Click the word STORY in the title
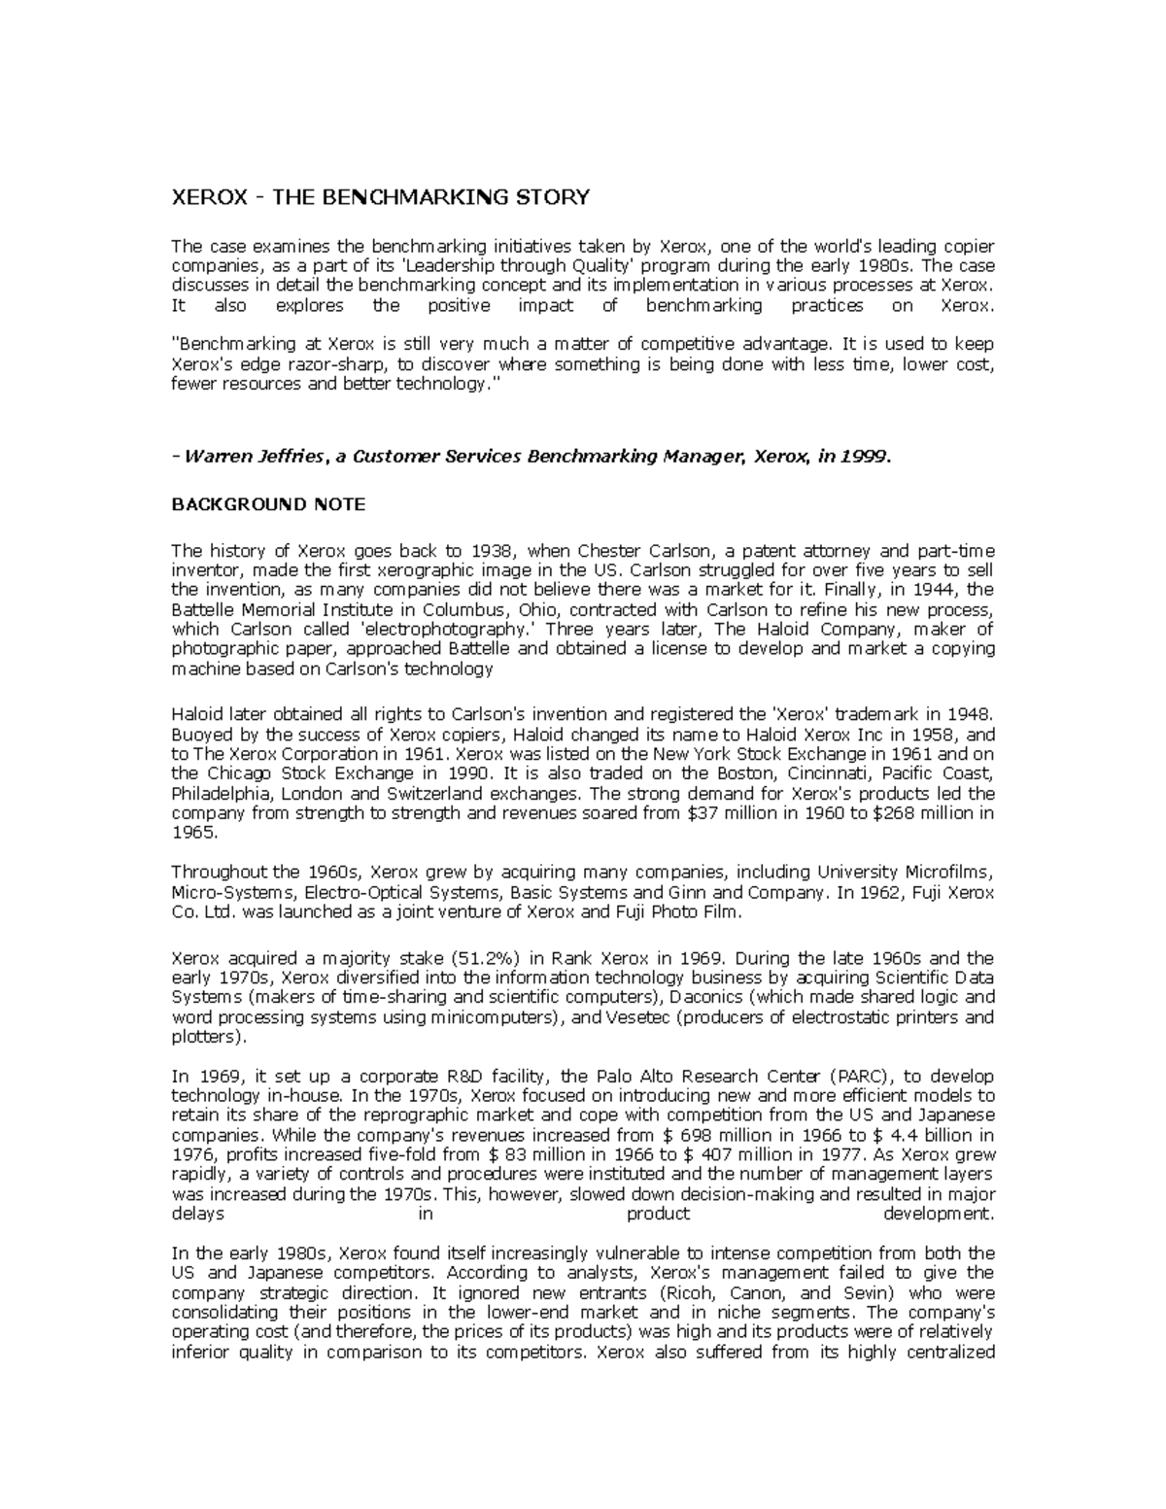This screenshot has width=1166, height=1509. click(x=552, y=197)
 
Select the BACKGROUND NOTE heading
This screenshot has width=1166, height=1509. click(x=268, y=504)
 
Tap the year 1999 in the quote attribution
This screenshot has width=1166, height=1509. click(x=865, y=457)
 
